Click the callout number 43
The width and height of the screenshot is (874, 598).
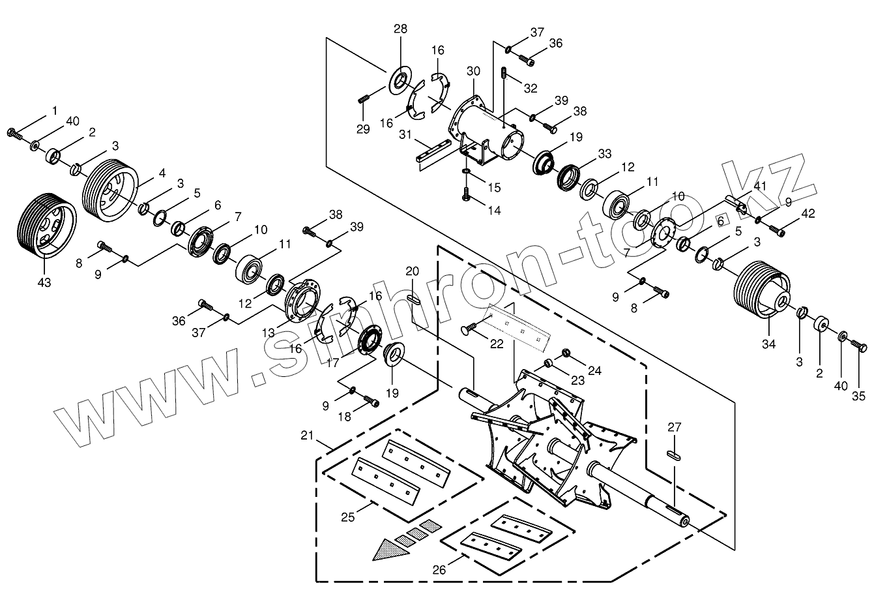click(44, 282)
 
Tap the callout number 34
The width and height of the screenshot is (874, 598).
click(769, 344)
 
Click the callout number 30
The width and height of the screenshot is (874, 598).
click(474, 70)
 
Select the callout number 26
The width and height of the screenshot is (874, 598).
click(439, 569)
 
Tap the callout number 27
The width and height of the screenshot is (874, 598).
click(675, 428)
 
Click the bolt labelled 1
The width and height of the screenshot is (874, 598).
click(14, 134)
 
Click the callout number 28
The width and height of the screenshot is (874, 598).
click(400, 29)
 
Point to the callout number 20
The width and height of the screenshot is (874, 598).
click(412, 271)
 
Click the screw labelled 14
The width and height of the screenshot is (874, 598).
click(467, 194)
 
